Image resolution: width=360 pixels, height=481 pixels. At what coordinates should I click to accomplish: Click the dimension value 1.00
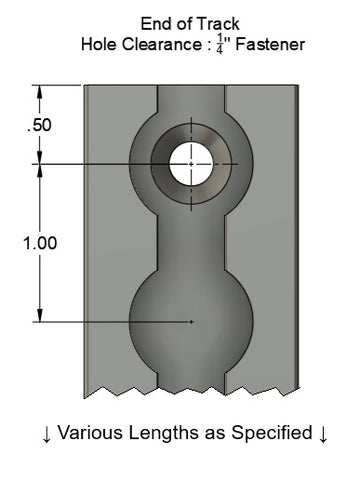(x=39, y=243)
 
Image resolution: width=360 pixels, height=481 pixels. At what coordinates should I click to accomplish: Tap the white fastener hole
(x=191, y=163)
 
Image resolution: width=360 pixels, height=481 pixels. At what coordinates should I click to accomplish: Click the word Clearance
(x=157, y=44)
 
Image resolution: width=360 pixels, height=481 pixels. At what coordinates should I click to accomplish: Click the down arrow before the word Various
(x=46, y=434)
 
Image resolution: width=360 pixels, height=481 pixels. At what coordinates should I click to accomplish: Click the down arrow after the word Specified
(x=323, y=434)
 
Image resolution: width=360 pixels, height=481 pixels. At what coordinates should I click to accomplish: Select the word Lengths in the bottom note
(x=159, y=433)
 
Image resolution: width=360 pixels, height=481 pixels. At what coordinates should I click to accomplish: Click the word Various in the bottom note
(x=89, y=433)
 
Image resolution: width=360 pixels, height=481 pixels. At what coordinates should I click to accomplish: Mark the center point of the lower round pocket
(x=191, y=322)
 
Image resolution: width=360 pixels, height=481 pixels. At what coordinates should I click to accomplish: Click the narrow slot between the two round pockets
(x=191, y=240)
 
